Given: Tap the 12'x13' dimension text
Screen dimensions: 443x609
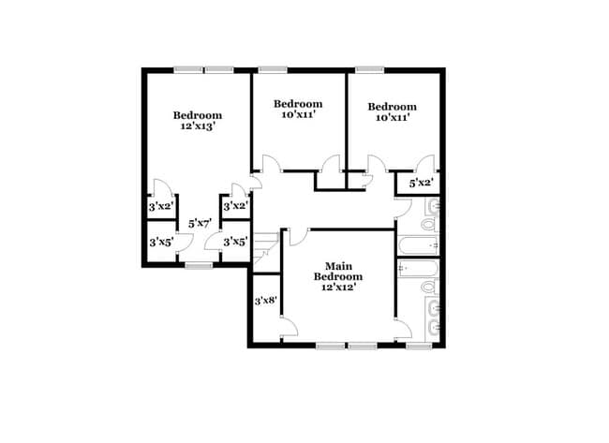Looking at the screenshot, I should coord(198,127).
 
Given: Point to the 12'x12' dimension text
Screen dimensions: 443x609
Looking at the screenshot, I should coord(337,288).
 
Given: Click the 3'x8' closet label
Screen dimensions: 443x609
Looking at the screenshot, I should coord(265,301).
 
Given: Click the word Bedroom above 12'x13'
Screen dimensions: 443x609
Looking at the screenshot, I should coord(198,115).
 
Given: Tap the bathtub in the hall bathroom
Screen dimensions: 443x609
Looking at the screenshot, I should coord(418,245).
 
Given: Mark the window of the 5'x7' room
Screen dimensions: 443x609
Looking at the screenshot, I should coord(198,267).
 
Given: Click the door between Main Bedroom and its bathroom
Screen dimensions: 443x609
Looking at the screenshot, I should coord(402,328).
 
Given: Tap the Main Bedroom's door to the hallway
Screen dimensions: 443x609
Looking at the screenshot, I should coord(298,235).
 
